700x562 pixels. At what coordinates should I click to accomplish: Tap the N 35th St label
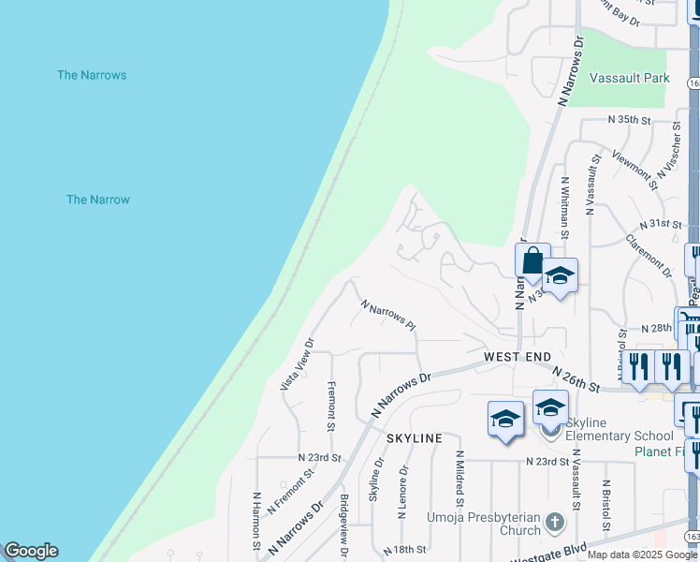pyautogui.click(x=628, y=120)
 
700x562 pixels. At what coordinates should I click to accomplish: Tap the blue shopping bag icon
pyautogui.click(x=532, y=260)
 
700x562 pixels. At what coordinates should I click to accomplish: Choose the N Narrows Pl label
pyautogui.click(x=387, y=315)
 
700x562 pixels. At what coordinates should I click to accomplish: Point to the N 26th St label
pyautogui.click(x=575, y=379)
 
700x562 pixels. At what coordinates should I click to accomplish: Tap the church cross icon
pyautogui.click(x=554, y=522)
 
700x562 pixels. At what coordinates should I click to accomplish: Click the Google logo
pyautogui.click(x=31, y=551)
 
